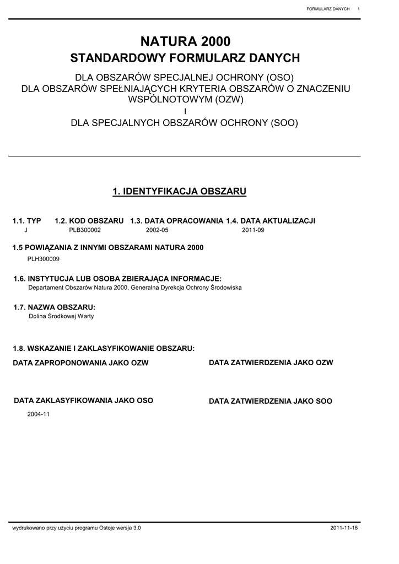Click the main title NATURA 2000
point(185,41)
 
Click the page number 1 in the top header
point(359,9)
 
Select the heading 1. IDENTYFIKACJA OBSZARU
point(179,192)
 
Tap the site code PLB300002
point(85,230)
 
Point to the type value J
point(26,230)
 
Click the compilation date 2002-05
point(157,230)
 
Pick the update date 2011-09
point(253,230)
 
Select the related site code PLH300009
point(44,258)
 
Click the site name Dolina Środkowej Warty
point(61,316)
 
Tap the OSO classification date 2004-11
point(39,414)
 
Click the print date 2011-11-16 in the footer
point(344,528)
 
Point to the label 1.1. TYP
point(26,221)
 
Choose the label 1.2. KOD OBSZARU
point(89,221)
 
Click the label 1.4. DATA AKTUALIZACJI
point(271,221)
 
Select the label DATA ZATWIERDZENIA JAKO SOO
point(271,402)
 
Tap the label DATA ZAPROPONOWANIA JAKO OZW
point(80,363)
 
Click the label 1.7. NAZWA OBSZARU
point(55,307)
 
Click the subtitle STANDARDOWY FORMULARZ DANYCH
point(185,58)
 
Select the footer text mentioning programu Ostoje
point(77,528)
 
